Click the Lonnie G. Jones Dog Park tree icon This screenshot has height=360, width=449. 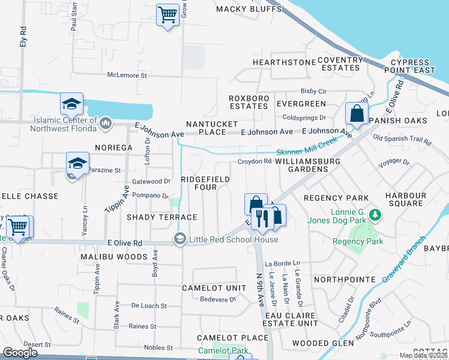(x=375, y=214)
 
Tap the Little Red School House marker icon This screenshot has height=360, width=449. (x=179, y=239)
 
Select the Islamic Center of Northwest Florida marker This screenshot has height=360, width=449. (x=106, y=124)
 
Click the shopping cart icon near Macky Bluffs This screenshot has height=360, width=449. (x=167, y=14)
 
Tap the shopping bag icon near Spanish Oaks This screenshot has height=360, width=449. (x=357, y=114)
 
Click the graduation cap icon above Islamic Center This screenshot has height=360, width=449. (x=71, y=104)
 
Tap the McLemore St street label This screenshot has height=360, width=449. (x=127, y=76)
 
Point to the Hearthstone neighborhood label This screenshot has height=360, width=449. (x=284, y=62)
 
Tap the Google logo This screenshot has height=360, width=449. (x=20, y=352)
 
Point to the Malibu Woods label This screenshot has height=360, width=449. (x=114, y=257)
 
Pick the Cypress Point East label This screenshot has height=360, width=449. (x=412, y=67)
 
